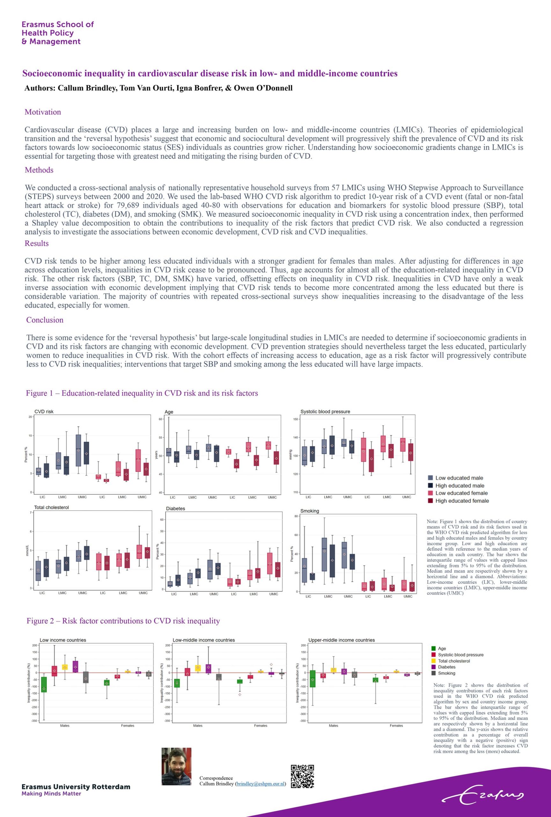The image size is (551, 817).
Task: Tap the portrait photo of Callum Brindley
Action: click(x=176, y=766)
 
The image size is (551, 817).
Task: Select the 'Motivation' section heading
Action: click(x=43, y=112)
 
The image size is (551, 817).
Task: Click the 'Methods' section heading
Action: click(x=39, y=170)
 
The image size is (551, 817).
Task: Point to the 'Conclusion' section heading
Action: click(x=45, y=320)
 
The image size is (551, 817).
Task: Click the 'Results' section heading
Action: click(x=37, y=243)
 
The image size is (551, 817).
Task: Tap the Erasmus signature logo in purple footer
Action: click(x=483, y=795)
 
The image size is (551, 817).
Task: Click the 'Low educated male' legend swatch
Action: click(x=430, y=478)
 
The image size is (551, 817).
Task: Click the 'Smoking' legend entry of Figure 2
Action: click(x=446, y=673)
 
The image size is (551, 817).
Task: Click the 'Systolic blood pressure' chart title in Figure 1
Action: click(x=325, y=412)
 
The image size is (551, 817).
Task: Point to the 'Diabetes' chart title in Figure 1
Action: click(x=175, y=509)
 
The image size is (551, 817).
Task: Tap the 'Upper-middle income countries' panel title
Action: click(x=342, y=640)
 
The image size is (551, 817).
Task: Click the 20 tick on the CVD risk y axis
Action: click(x=30, y=417)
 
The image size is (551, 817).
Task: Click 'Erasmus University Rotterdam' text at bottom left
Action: click(x=76, y=787)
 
